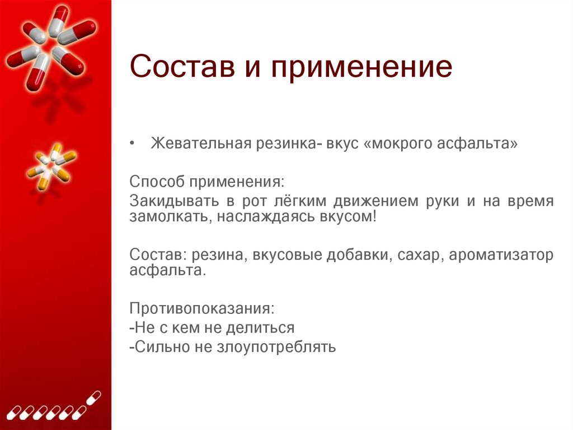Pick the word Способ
point(156,182)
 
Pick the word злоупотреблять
point(274,346)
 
